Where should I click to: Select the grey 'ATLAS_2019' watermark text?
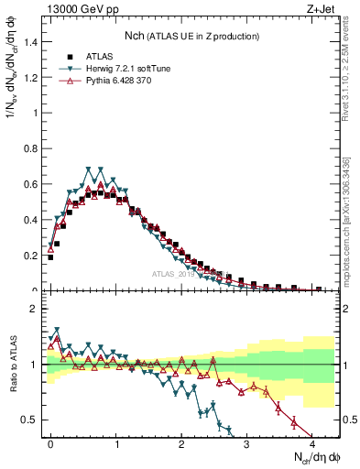tap(174, 274)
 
